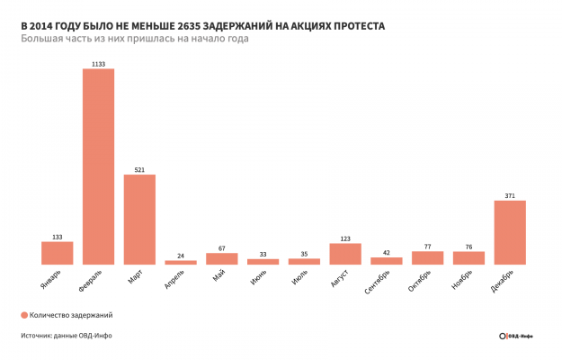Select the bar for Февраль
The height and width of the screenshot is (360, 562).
[98, 166]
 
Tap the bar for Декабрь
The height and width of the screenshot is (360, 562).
[510, 232]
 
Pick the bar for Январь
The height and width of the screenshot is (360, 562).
[57, 253]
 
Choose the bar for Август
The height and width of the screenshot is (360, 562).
[345, 254]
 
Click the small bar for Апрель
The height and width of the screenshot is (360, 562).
[181, 262]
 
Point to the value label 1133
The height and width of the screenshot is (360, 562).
[98, 64]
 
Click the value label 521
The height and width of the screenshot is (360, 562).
[139, 168]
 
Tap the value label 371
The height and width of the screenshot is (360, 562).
[510, 195]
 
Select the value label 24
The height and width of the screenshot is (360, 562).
[181, 256]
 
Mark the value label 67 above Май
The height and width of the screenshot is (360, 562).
[221, 247]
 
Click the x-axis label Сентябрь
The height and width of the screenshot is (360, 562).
[378, 282]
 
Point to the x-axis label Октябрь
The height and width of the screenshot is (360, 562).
[420, 281]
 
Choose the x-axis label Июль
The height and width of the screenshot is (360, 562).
[299, 278]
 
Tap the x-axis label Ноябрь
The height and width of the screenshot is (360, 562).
[462, 280]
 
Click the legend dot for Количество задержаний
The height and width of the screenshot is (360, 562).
[23, 315]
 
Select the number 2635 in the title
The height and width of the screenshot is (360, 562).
[192, 26]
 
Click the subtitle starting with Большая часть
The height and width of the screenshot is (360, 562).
[134, 40]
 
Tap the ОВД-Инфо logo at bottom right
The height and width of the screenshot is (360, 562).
[516, 336]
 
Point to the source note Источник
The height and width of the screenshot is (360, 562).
[67, 336]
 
